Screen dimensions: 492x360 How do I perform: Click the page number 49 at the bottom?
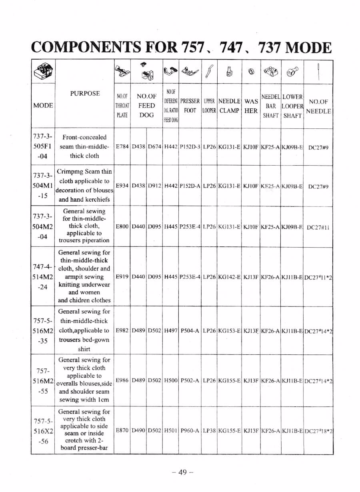[182, 472]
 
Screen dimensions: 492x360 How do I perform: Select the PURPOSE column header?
[85, 94]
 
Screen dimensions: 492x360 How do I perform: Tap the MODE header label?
[43, 106]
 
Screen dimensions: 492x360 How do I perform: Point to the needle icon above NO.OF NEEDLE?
[318, 71]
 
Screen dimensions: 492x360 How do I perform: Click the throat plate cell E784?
[122, 147]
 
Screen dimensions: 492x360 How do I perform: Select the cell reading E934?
[122, 186]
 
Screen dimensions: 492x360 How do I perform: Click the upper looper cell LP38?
[209, 430]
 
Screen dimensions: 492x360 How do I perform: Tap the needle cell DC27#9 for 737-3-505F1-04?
[318, 147]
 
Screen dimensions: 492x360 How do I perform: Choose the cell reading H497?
[171, 330]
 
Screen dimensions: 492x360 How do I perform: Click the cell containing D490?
[138, 430]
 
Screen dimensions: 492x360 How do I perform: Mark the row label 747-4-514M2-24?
[43, 276]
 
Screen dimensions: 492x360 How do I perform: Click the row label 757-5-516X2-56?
[43, 431]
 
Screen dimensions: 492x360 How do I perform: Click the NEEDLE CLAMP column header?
[230, 106]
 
